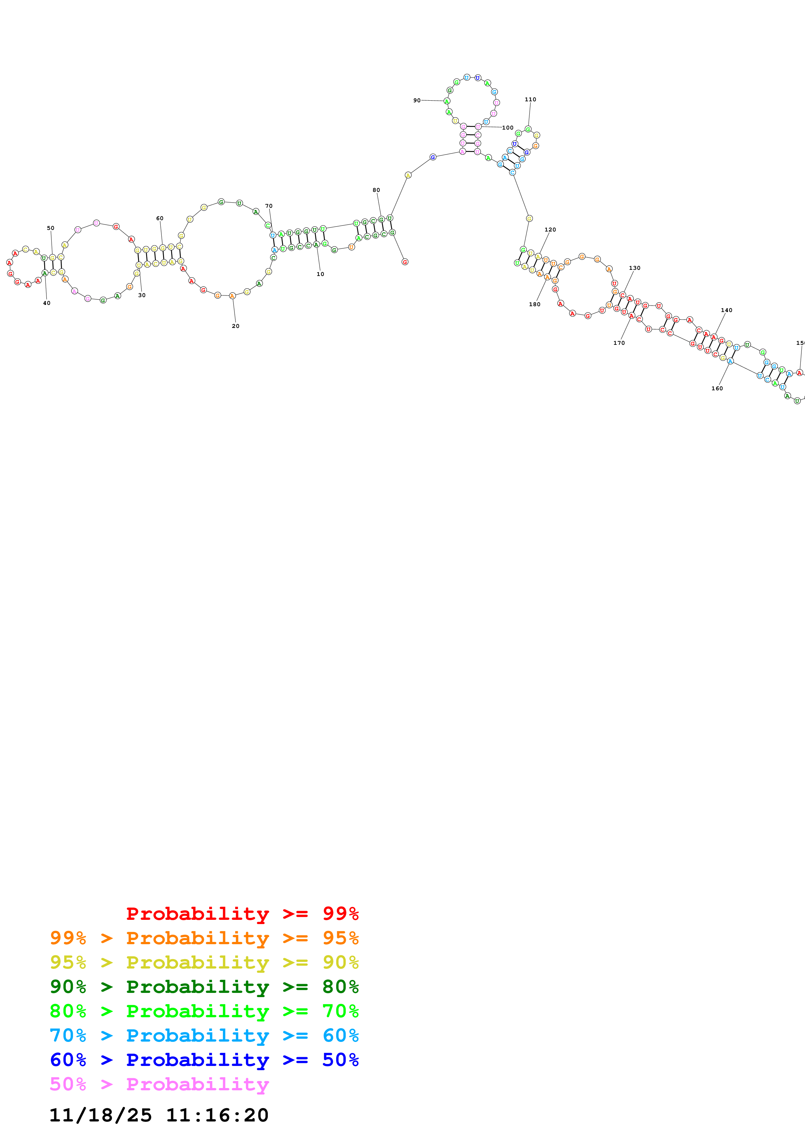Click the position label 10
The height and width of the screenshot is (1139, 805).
click(321, 274)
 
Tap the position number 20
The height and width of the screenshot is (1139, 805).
click(236, 326)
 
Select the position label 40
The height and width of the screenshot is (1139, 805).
click(47, 303)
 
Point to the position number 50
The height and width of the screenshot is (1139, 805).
click(51, 228)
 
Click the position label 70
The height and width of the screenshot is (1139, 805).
click(269, 206)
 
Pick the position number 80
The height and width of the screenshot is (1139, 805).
click(376, 190)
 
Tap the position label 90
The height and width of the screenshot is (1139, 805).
click(417, 100)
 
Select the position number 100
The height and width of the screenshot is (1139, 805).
click(508, 128)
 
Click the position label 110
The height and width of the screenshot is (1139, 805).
click(531, 99)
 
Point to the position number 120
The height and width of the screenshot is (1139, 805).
click(550, 230)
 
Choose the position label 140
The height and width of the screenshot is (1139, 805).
click(727, 310)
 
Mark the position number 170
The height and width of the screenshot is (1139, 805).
click(619, 343)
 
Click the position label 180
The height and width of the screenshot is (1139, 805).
click(535, 304)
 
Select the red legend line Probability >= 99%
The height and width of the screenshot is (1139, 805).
click(242, 913)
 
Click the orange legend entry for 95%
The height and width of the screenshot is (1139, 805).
click(204, 938)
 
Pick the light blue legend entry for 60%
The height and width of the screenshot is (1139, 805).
click(204, 1035)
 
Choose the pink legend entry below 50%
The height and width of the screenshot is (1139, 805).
click(159, 1084)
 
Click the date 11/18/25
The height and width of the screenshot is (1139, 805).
click(101, 1115)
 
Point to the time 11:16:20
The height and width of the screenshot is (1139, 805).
click(217, 1115)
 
